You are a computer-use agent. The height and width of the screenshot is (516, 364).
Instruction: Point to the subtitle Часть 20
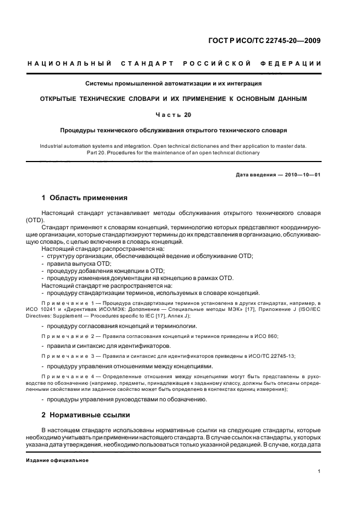(x=173, y=115)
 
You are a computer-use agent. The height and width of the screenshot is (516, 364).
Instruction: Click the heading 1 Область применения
(x=85, y=198)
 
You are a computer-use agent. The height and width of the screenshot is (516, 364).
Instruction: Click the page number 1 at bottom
(x=319, y=471)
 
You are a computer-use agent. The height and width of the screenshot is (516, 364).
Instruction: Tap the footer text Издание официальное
(x=57, y=460)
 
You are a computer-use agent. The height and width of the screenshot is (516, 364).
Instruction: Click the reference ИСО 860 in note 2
(x=268, y=336)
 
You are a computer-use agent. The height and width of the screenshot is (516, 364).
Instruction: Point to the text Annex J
(x=178, y=315)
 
